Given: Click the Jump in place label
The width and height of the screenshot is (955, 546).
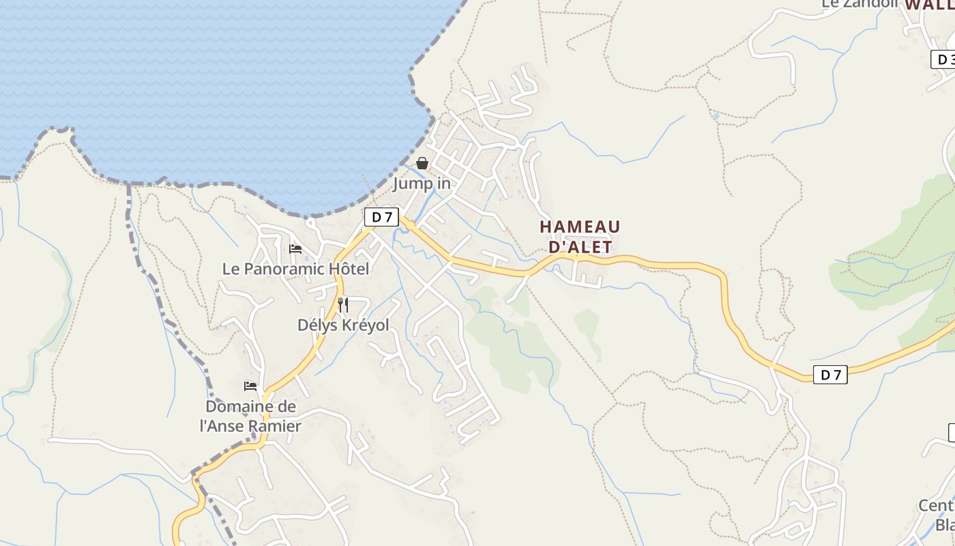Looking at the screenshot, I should [x=422, y=183].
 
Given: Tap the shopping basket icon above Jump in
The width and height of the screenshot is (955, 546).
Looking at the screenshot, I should [x=422, y=163].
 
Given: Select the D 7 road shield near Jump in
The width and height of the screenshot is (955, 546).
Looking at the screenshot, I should [x=381, y=217].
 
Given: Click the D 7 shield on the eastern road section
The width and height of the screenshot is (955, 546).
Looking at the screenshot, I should [x=830, y=374].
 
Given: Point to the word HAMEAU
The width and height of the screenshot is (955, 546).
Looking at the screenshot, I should [x=580, y=227].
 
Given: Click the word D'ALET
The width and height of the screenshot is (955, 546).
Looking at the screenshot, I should [x=580, y=247].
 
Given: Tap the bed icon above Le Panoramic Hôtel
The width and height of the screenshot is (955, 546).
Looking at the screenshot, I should [x=295, y=249].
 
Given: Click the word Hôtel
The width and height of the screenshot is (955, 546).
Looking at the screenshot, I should [x=349, y=269].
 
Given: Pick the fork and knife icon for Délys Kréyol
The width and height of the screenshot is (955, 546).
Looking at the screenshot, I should [x=343, y=304].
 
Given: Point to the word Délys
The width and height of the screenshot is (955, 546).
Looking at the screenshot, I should [x=317, y=326].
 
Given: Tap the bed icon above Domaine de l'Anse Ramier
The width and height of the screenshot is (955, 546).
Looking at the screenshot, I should [x=250, y=386].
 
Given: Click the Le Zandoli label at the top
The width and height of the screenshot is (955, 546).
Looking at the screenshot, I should [x=859, y=3].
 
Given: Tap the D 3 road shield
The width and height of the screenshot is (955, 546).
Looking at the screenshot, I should [x=943, y=59].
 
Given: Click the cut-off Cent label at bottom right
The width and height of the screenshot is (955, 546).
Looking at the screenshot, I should [x=935, y=506].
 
